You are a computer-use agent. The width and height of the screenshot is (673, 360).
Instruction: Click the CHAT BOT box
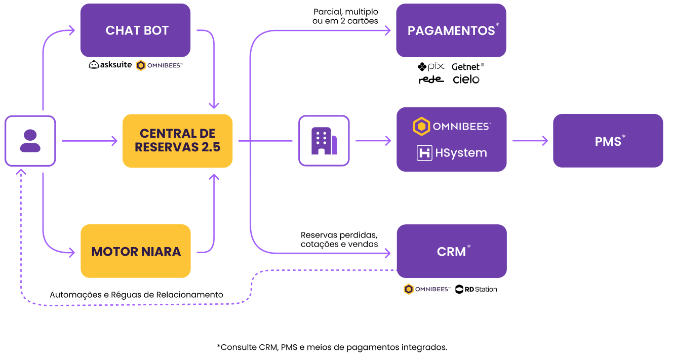pos(135,30)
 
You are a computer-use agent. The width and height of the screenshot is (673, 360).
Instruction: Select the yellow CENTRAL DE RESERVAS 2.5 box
pos(177,141)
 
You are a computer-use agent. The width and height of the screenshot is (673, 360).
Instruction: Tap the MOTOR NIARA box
pos(136,251)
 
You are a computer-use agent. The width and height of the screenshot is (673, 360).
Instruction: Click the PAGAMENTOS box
pos(451,30)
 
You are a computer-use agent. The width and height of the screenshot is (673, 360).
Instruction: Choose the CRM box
pos(451,251)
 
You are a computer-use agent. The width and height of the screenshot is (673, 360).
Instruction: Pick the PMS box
pos(608,141)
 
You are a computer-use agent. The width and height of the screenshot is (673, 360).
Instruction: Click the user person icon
pos(30,141)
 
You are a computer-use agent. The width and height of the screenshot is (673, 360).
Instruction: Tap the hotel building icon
pos(324,141)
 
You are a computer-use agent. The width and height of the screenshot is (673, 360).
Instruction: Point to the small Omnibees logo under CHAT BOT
pos(155,65)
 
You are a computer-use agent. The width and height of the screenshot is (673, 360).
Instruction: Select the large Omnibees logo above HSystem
pos(452,126)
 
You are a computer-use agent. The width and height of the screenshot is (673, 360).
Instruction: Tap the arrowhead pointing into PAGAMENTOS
pos(388,30)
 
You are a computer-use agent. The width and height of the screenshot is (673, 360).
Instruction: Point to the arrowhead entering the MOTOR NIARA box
pos(71,251)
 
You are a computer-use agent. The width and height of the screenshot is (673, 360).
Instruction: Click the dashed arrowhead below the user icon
pos(21,172)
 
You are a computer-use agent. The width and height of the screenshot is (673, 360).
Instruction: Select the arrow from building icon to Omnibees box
pos(373,141)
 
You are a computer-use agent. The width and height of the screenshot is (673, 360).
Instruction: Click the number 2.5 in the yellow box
pos(209,147)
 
